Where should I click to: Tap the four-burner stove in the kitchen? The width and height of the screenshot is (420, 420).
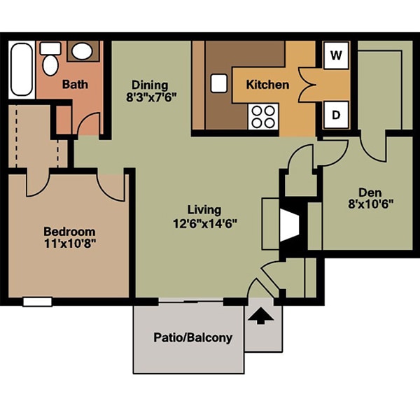(263, 116)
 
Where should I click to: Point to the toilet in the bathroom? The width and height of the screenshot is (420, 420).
(50, 63)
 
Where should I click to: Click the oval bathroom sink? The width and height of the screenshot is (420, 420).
(82, 51)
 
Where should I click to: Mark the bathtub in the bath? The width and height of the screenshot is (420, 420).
(22, 70)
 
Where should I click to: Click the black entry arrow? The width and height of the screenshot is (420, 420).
(259, 316)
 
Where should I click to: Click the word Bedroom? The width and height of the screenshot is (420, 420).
(69, 232)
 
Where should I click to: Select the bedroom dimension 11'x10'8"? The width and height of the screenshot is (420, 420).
(69, 245)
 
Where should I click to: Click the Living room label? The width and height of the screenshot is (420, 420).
(204, 209)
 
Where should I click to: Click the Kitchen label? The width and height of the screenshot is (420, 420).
(267, 85)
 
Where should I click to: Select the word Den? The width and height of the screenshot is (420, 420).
(368, 191)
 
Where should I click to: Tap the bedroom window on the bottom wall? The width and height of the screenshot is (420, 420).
(37, 302)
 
